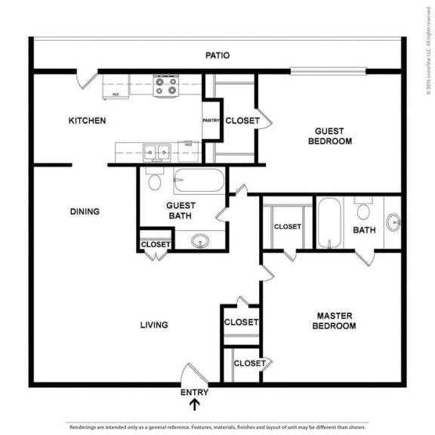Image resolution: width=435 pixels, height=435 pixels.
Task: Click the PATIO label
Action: pyautogui.click(x=217, y=55)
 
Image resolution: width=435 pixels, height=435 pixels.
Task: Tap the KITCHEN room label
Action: pyautogui.click(x=87, y=121)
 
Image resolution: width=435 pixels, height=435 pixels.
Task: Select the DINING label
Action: pyautogui.click(x=85, y=211)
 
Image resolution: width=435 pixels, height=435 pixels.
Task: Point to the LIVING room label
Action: pyautogui.click(x=153, y=325)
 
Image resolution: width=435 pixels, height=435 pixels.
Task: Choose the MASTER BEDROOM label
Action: pyautogui.click(x=336, y=320)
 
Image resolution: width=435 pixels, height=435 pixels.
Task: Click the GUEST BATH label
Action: pyautogui.click(x=181, y=210)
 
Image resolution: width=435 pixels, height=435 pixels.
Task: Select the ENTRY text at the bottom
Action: pyautogui.click(x=194, y=392)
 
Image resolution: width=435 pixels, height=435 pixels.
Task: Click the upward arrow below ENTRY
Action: pyautogui.click(x=195, y=405)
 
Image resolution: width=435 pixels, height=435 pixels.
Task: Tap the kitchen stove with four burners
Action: pyautogui.click(x=165, y=85)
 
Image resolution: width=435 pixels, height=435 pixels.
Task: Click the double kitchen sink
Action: pyautogui.click(x=158, y=152)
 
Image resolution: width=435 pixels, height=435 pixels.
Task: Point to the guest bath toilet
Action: pyautogui.click(x=156, y=181)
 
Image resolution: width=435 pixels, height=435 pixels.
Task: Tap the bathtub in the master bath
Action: pyautogui.click(x=329, y=222)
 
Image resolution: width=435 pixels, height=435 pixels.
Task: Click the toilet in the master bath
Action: pyautogui.click(x=364, y=209)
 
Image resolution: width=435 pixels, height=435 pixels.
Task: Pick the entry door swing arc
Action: pyautogui.click(x=189, y=374)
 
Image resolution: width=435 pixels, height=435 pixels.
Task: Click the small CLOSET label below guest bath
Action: pyautogui.click(x=156, y=244)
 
